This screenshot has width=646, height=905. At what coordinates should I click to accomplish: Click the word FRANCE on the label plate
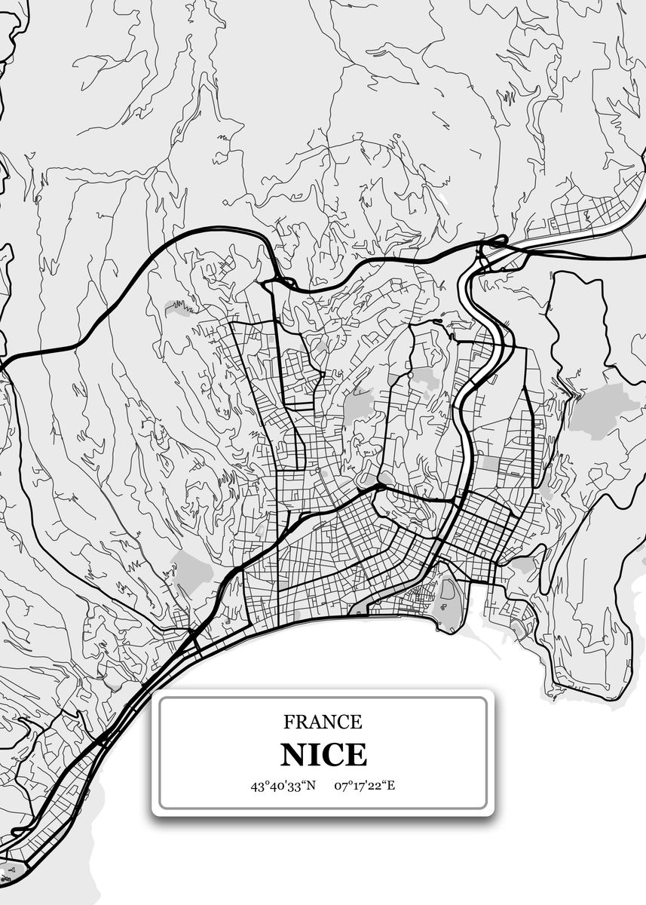coord(323,722)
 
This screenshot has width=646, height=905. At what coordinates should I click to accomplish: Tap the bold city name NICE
coord(323,754)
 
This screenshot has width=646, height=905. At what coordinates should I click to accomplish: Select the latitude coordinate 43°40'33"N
coord(283,786)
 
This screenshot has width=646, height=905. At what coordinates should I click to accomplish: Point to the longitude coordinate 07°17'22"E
coord(366,786)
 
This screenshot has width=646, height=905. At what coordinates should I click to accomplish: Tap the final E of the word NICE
coord(356,754)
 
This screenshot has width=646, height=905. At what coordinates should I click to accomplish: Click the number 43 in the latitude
coord(257,786)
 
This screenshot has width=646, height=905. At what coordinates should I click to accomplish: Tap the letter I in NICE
coord(315,754)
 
